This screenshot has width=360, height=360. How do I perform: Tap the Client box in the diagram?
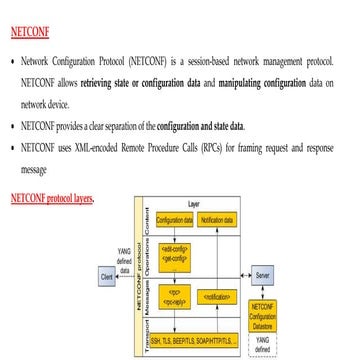pyautogui.click(x=106, y=273)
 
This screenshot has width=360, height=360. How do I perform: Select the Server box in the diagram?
pyautogui.click(x=263, y=273)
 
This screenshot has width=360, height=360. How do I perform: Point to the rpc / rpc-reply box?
pyautogui.click(x=173, y=297)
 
